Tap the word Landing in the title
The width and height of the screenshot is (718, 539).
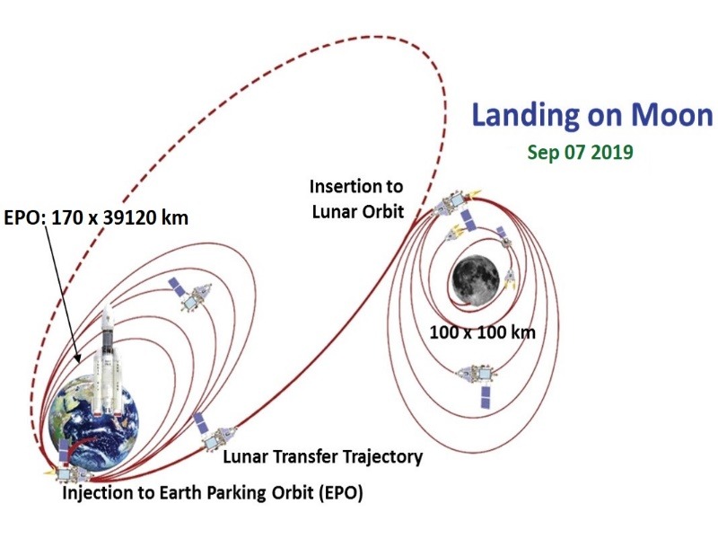(524, 117)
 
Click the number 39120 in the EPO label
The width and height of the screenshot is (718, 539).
(127, 217)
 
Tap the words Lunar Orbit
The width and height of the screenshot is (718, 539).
(358, 212)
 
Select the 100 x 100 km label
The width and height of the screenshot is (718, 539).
(482, 331)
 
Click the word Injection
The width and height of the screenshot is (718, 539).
(96, 493)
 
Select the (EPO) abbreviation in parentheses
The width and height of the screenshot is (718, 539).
(339, 493)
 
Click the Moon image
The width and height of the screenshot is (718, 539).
(476, 278)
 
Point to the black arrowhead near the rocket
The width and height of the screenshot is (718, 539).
(77, 358)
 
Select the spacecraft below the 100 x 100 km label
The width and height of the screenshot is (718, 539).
(479, 384)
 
